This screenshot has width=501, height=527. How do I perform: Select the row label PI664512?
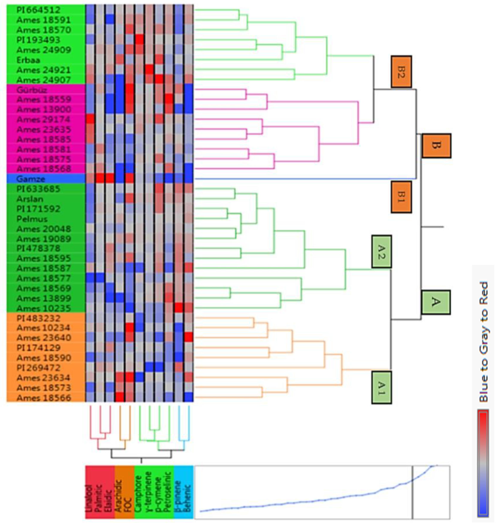(x=38, y=10)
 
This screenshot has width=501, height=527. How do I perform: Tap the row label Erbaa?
(x=28, y=60)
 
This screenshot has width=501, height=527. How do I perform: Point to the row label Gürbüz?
(x=32, y=90)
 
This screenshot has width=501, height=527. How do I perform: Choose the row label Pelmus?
(x=32, y=219)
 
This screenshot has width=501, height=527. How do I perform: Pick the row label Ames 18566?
(x=44, y=398)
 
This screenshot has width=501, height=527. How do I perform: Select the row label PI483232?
(x=38, y=318)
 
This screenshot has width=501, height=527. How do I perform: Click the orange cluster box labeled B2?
(x=401, y=72)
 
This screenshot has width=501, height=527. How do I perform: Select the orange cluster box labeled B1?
(x=401, y=197)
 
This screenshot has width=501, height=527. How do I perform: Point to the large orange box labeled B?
(x=436, y=146)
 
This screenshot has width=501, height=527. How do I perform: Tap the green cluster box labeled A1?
(x=382, y=387)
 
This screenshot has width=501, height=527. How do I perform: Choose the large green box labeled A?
(x=436, y=302)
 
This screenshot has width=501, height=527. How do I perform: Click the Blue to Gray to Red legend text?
(x=483, y=342)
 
